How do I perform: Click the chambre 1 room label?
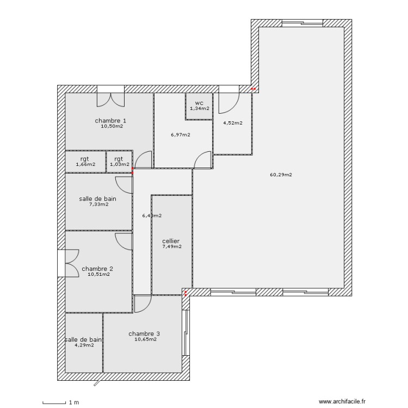pyautogui.click(x=110, y=121)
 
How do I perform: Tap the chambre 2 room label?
pyautogui.click(x=97, y=269)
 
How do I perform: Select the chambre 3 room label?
pyautogui.click(x=144, y=333)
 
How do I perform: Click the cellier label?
pyautogui.click(x=171, y=241)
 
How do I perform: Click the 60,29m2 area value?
pyautogui.click(x=281, y=175)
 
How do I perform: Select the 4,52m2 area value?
pyautogui.click(x=232, y=123)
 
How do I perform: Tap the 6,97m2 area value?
pyautogui.click(x=180, y=135)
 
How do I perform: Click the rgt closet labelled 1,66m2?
pyautogui.click(x=85, y=162)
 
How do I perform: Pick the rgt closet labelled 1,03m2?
pyautogui.click(x=119, y=162)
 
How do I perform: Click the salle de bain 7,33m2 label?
pyautogui.click(x=98, y=199)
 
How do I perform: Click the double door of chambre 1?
pyautogui.click(x=110, y=98)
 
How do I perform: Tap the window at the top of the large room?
pyautogui.click(x=301, y=23)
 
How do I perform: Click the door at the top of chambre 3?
pyautogui.click(x=143, y=304)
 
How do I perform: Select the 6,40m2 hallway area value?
pyautogui.click(x=152, y=216)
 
